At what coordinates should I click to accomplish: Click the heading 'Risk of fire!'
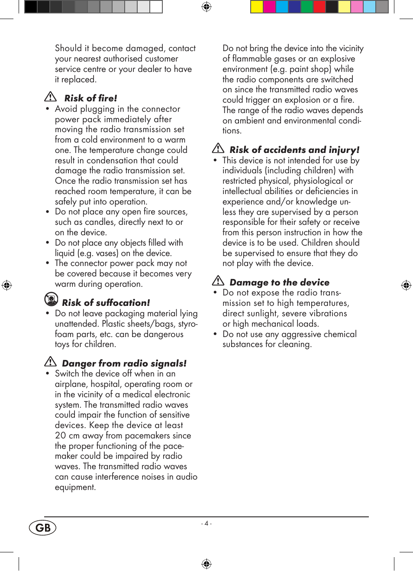pyautogui.click(x=90, y=98)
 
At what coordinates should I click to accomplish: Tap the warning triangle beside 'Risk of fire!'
pyautogui.click(x=51, y=97)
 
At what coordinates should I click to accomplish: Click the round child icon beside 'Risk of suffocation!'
pyautogui.click(x=51, y=299)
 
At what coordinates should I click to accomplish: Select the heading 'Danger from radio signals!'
pyautogui.click(x=124, y=363)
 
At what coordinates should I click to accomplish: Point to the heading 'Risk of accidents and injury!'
pyautogui.click(x=294, y=150)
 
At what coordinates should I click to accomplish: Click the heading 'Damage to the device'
pyautogui.click(x=279, y=282)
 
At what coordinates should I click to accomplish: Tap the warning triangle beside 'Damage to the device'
pyautogui.click(x=218, y=281)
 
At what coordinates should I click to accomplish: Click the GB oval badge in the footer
pyautogui.click(x=43, y=528)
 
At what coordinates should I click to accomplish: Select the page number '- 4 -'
pyautogui.click(x=206, y=523)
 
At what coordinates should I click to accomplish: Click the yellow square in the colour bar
pyautogui.click(x=257, y=6)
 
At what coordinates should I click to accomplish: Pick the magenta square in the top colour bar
pyautogui.click(x=269, y=6)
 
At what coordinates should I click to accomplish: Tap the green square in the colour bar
pyautogui.click(x=307, y=6)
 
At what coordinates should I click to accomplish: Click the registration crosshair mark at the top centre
pyautogui.click(x=206, y=6)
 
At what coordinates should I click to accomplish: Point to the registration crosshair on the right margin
pyautogui.click(x=406, y=285)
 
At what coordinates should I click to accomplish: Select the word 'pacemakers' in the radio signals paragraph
pyautogui.click(x=147, y=436)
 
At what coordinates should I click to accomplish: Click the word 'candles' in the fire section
pyautogui.click(x=100, y=222)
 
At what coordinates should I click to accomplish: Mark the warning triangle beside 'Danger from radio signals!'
pyautogui.click(x=51, y=361)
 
